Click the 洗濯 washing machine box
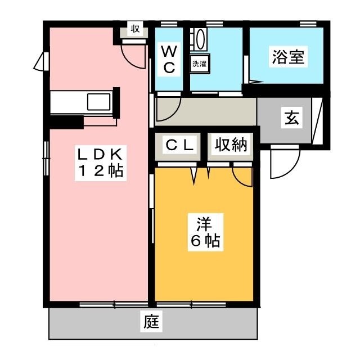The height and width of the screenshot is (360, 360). (199, 64)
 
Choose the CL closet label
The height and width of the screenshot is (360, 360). (179, 145)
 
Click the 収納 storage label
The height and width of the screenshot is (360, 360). (231, 145)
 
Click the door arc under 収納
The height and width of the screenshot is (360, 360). (243, 175)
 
